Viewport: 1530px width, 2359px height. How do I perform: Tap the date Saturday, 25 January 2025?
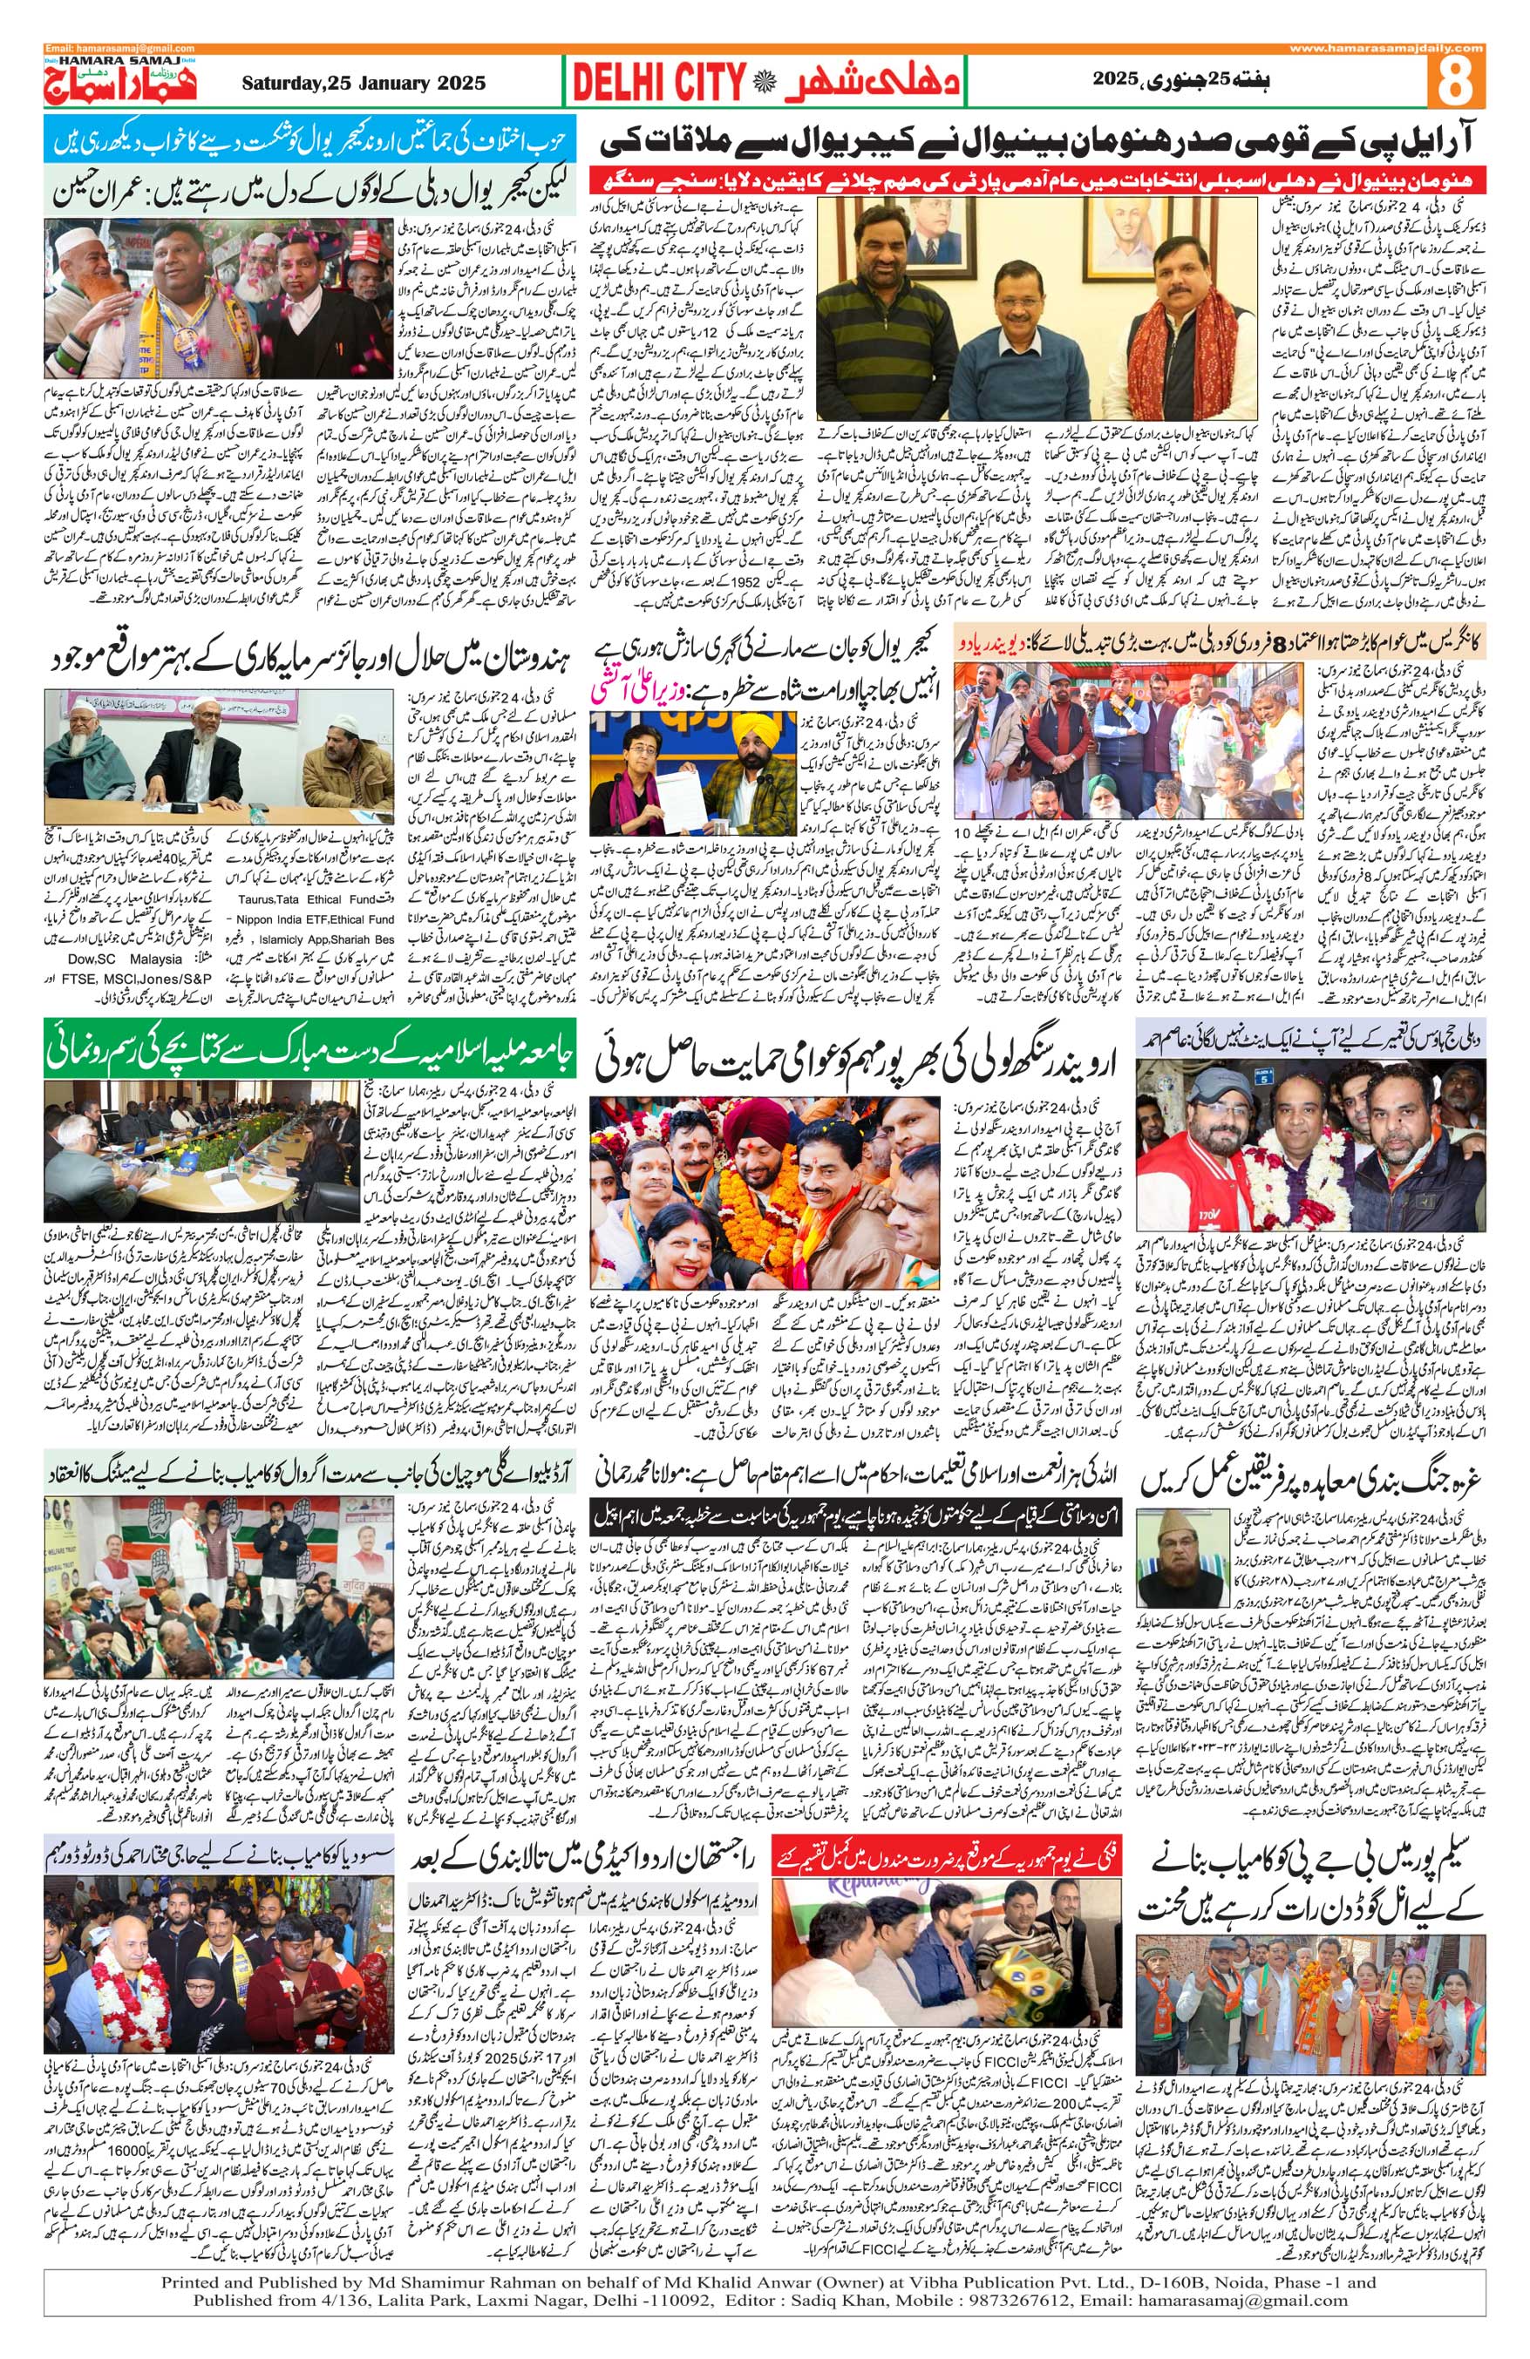[x=363, y=84]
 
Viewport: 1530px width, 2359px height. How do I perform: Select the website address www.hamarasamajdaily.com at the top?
[x=1387, y=49]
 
